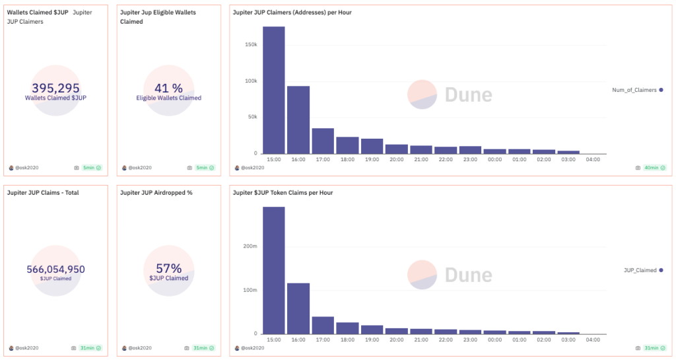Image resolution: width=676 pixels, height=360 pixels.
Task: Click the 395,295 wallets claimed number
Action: [55, 88]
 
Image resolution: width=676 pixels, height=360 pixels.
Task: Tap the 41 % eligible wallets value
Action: [168, 88]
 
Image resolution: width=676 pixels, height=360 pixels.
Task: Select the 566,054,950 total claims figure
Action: [55, 269]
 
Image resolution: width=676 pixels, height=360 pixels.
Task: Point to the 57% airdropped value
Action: [168, 268]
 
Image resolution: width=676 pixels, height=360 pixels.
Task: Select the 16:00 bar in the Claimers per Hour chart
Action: [298, 120]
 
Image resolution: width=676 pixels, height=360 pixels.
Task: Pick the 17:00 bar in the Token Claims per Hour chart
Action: [323, 325]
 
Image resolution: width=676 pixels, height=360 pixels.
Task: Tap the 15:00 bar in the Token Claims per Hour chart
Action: [274, 270]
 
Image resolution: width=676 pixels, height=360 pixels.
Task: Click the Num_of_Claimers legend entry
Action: [637, 90]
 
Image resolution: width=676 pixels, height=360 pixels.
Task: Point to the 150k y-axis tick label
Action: [251, 45]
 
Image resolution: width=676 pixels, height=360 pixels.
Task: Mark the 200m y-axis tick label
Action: [250, 246]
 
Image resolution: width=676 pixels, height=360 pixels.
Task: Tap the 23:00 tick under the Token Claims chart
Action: [470, 340]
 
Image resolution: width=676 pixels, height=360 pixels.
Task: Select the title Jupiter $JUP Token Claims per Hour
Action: [283, 193]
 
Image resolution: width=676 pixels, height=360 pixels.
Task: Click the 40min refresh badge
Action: [652, 168]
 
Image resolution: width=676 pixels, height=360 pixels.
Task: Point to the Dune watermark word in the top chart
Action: [468, 94]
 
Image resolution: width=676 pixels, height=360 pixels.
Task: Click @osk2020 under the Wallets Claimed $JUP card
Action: [26, 168]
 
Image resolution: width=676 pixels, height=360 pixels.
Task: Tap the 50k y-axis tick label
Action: [252, 117]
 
